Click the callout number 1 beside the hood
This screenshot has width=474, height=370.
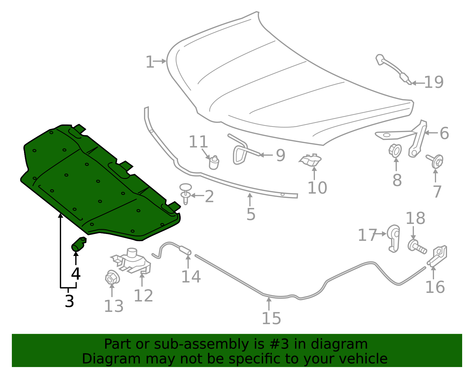tap(150, 62)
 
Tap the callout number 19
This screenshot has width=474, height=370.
tap(434, 82)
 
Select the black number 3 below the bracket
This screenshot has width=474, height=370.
tap(69, 301)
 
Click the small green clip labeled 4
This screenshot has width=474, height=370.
tap(79, 244)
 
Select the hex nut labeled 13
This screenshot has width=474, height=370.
tap(112, 278)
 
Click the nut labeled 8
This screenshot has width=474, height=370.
tap(395, 150)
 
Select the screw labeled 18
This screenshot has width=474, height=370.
tap(417, 247)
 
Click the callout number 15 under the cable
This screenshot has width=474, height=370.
tap(271, 318)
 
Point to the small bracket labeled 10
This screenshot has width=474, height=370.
tap(310, 160)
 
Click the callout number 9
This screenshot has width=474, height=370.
tap(280, 155)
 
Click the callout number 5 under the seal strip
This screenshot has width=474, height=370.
tap(251, 214)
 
